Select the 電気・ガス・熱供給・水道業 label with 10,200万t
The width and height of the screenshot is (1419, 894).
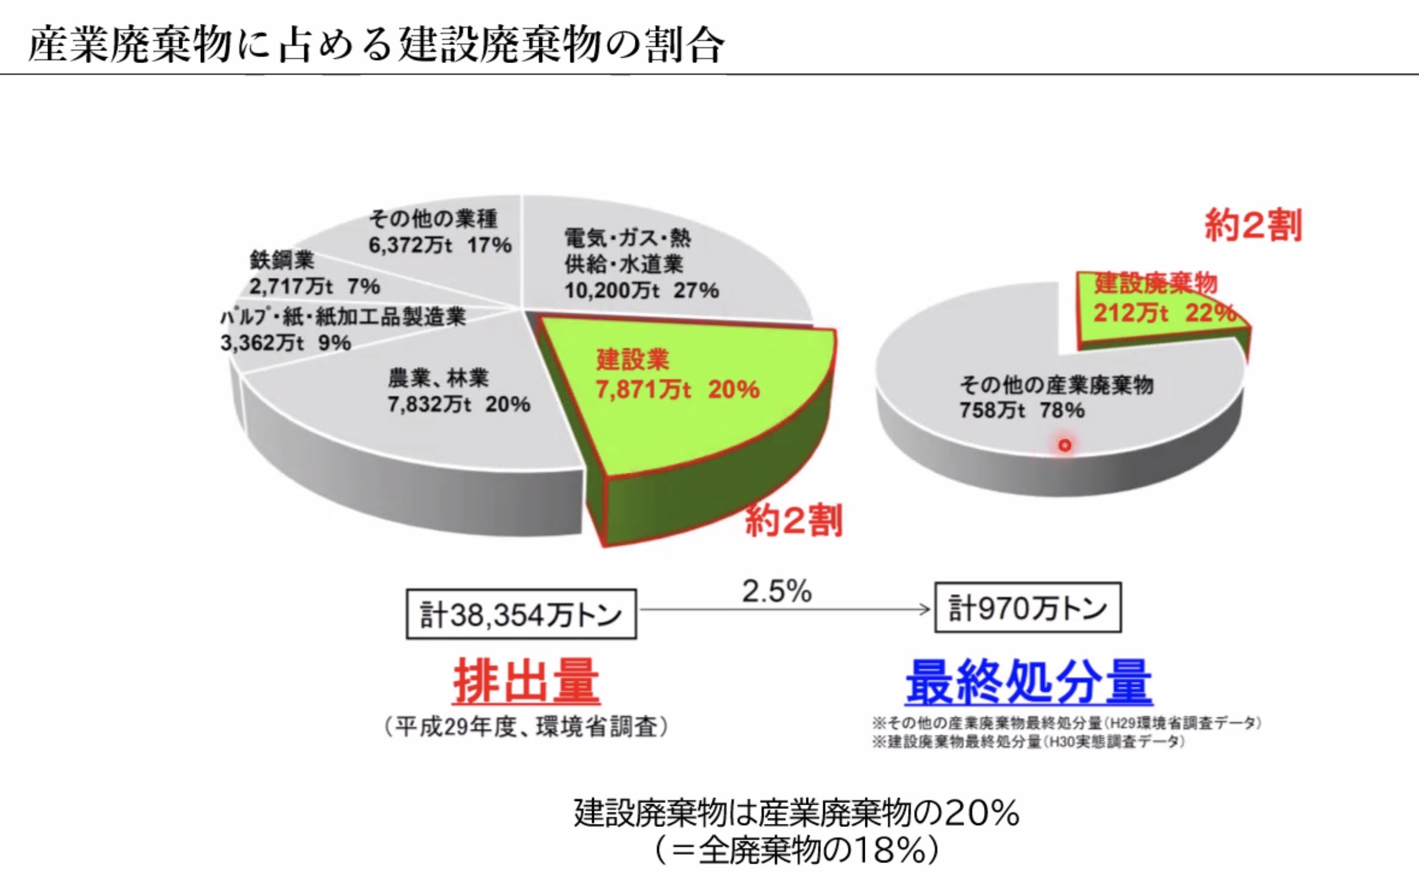pos(641,264)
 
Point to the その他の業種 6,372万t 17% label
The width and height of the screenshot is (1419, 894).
pos(440,232)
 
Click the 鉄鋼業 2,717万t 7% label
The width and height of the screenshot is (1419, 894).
pos(314,273)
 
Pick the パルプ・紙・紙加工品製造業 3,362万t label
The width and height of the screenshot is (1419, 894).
pos(343,330)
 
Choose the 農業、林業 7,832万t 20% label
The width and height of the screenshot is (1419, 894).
pos(458,392)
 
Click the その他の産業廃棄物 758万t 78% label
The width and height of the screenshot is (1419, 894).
pos(1055,397)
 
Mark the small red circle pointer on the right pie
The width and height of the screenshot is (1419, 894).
pos(1064,445)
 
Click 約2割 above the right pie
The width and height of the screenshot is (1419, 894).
pos(1253,225)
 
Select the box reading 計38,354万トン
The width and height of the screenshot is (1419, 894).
pos(521,614)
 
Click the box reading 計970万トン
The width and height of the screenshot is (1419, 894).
pos(1027,608)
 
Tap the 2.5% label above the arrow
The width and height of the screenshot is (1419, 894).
pos(777,591)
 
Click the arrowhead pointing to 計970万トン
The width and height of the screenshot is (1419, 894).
pos(925,609)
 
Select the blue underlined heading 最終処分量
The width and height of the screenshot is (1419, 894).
pos(1029,683)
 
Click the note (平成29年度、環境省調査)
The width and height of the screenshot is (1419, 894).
pos(526,727)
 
